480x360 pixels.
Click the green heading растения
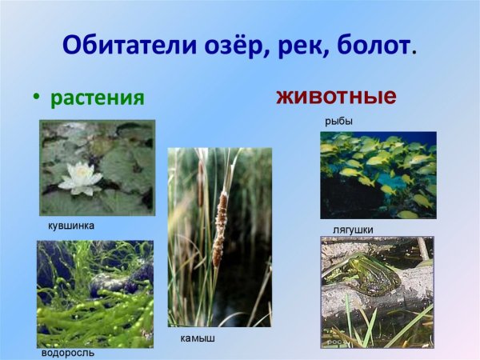pyautogui.click(x=97, y=98)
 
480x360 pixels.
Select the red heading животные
pyautogui.click(x=336, y=97)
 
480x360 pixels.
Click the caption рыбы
pyautogui.click(x=338, y=121)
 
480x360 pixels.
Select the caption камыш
pyautogui.click(x=198, y=338)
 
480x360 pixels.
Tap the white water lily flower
pyautogui.click(x=81, y=178)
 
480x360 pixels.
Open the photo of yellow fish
pyautogui.click(x=378, y=174)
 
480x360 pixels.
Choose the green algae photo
pyautogui.click(x=94, y=294)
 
